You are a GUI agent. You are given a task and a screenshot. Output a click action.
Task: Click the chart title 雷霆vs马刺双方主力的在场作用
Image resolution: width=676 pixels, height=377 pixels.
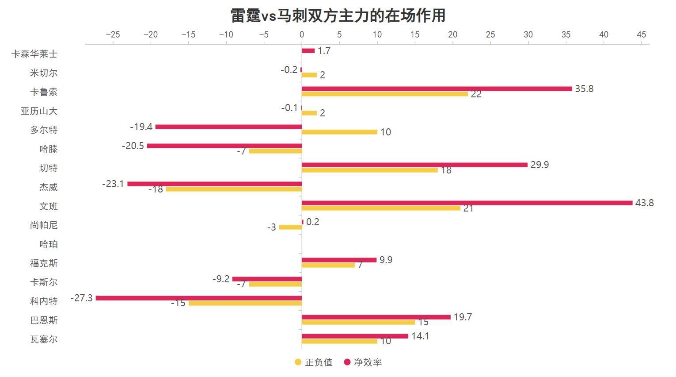click(338, 15)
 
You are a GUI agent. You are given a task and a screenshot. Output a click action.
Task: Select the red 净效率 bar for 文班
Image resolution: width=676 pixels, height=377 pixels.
click(467, 203)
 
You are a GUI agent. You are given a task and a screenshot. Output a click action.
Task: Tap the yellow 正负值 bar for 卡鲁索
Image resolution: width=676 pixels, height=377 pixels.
click(384, 94)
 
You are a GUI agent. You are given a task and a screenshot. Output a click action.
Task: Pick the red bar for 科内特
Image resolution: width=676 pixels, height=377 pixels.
click(199, 298)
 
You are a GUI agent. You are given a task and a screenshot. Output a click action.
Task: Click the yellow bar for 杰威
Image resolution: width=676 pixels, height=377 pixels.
click(234, 189)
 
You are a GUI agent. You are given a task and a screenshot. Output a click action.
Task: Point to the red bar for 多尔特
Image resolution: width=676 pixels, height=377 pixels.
click(228, 127)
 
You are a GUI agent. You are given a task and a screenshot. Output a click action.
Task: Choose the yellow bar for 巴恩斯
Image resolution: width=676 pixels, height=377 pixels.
click(358, 322)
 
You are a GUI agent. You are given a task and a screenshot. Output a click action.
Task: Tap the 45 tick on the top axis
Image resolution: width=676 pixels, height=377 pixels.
click(642, 35)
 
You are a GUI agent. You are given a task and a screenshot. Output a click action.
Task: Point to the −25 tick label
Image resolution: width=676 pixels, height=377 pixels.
click(113, 35)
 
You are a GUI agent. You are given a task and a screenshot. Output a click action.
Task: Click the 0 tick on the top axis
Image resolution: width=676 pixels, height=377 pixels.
click(302, 35)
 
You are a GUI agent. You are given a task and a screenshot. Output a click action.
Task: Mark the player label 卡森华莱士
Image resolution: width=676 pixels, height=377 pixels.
click(34, 54)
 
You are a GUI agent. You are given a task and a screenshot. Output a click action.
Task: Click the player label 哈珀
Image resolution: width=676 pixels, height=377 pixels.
click(49, 244)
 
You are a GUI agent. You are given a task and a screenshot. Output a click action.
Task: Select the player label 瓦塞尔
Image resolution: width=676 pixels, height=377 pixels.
click(44, 339)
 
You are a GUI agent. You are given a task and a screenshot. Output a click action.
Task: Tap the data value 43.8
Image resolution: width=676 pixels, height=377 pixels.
click(644, 203)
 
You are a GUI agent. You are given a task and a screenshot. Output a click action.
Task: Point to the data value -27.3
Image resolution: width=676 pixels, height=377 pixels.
click(82, 298)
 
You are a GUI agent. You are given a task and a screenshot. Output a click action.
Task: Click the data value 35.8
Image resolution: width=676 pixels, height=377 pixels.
click(584, 89)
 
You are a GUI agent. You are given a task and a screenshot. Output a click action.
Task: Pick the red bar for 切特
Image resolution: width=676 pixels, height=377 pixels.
click(414, 165)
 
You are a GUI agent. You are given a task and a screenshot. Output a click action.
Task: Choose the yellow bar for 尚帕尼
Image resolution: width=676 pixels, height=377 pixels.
click(290, 227)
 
